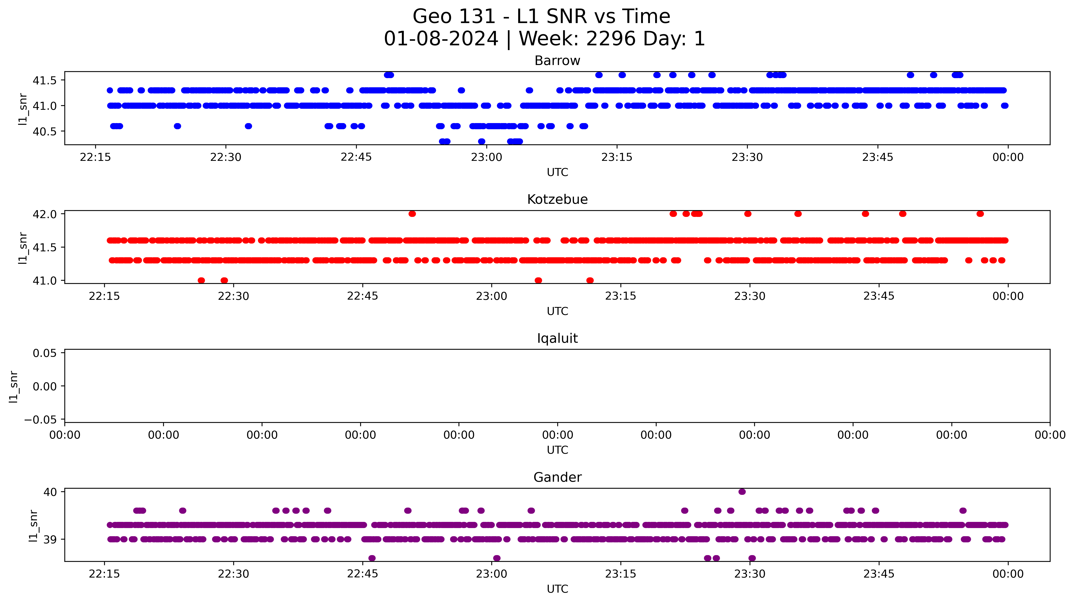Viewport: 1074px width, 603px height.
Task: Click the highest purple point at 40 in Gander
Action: coord(742,492)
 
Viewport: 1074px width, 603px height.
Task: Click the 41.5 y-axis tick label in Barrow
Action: coord(45,80)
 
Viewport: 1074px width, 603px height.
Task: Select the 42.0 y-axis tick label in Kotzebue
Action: coord(45,214)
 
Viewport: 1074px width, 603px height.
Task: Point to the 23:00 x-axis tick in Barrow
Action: coord(487,157)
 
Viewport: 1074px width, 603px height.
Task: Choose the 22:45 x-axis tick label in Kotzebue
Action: coord(362,296)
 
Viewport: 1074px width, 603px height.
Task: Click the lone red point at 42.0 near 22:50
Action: coord(412,214)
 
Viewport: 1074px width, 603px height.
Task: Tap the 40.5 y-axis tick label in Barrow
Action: coord(45,131)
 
